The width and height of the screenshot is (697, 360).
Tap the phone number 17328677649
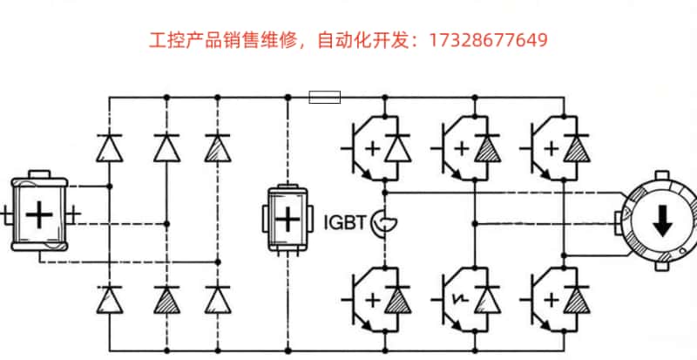[x=488, y=40]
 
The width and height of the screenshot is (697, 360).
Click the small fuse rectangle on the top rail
[x=325, y=97]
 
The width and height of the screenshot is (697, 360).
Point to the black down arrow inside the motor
[x=662, y=223]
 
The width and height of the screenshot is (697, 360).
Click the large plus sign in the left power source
[x=39, y=214]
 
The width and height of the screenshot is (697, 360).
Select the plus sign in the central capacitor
[x=288, y=219]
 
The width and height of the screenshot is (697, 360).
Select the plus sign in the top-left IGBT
[x=373, y=148]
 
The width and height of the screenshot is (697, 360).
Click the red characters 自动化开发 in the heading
[x=369, y=40]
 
